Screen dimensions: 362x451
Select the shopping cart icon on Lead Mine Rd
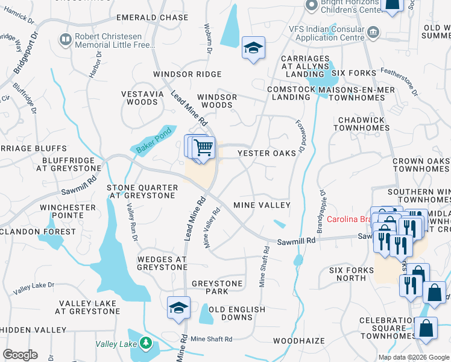click(x=204, y=147)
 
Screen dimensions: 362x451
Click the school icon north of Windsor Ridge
click(x=253, y=48)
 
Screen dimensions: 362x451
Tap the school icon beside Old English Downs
click(x=178, y=308)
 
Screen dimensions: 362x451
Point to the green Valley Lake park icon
click(x=145, y=343)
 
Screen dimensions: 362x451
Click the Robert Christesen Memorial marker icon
click(x=65, y=40)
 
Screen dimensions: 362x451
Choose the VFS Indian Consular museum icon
click(x=373, y=31)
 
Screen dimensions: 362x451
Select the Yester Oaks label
click(x=267, y=153)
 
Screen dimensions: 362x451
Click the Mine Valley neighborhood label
click(x=262, y=205)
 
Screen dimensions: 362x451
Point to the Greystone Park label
click(x=217, y=287)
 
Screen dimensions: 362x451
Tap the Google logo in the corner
click(x=20, y=355)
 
